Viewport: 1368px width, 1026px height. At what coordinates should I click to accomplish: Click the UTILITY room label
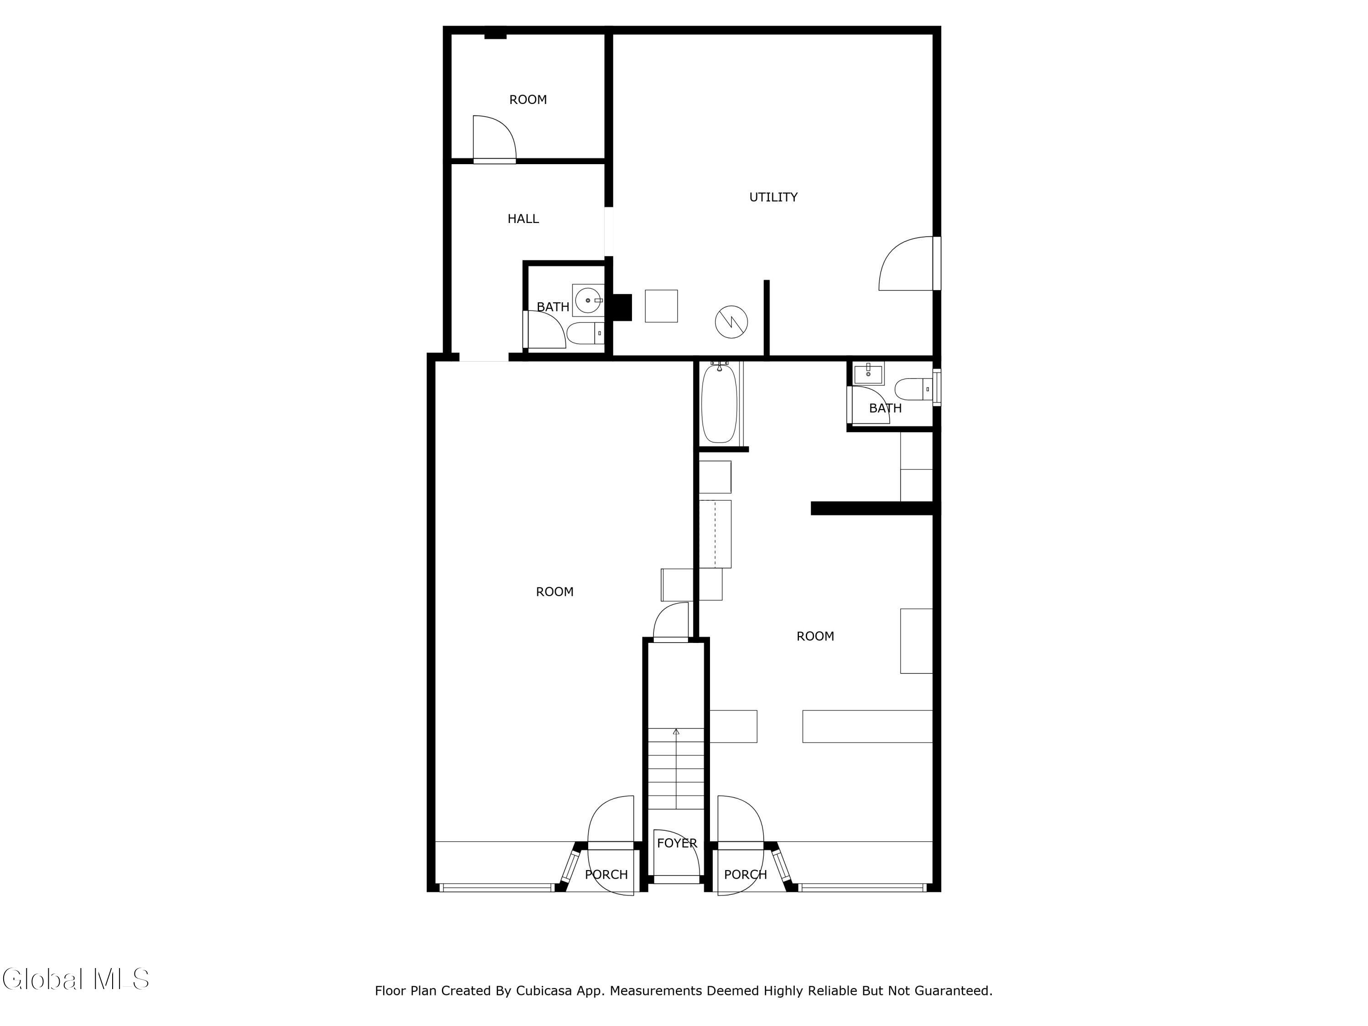coord(773,197)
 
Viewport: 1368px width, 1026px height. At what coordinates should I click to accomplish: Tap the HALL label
coord(523,218)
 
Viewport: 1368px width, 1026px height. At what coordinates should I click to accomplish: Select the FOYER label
coord(677,843)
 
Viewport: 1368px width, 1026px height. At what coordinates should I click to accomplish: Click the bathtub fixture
coord(719,403)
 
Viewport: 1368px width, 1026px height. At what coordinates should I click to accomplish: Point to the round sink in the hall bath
coord(587,301)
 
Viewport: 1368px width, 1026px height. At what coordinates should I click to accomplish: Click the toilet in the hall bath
coord(585,333)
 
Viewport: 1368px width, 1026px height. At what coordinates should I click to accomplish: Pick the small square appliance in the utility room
coord(661,306)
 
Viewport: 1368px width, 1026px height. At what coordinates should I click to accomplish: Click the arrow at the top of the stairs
coord(676,733)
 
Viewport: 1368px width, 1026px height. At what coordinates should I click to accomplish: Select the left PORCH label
coord(606,875)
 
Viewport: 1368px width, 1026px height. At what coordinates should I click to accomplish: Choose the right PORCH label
coord(745,875)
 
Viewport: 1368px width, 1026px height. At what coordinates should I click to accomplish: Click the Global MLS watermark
coord(75,979)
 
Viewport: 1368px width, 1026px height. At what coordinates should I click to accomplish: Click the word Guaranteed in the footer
coord(953,991)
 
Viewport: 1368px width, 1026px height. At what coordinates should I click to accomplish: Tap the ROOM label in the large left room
coord(555,592)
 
